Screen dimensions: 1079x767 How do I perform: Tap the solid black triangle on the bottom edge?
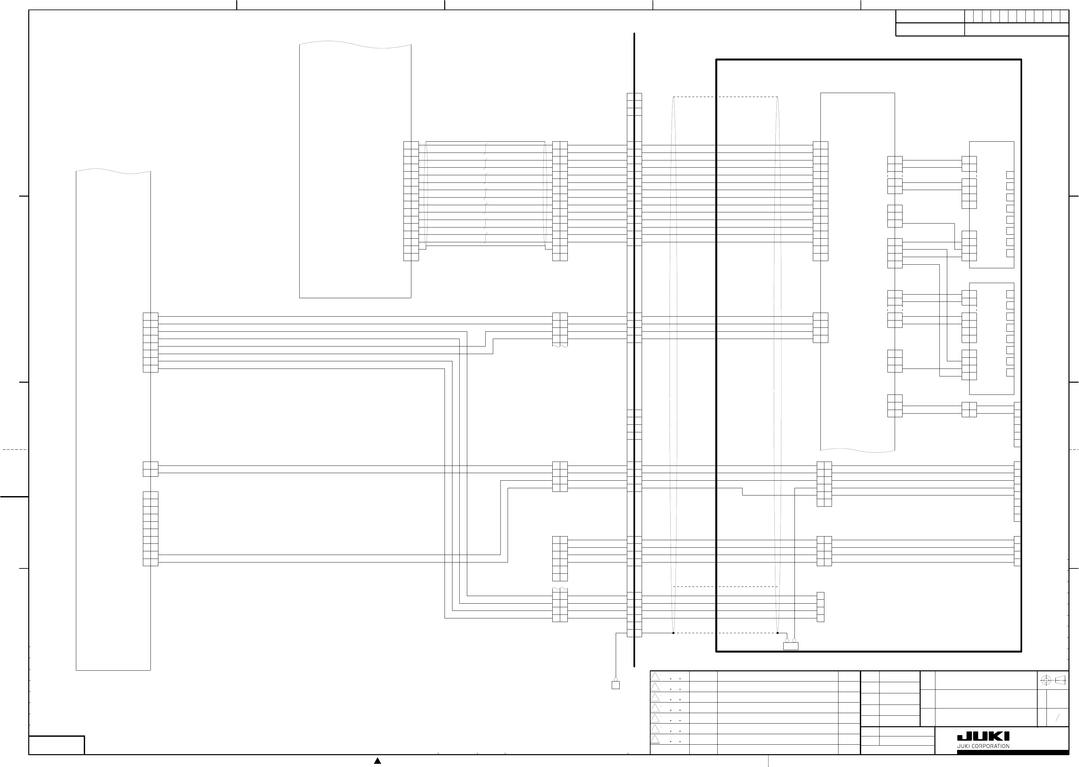[x=378, y=761]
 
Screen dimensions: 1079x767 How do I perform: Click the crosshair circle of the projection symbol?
[x=1046, y=680]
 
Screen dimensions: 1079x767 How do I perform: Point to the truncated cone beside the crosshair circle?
[x=1060, y=680]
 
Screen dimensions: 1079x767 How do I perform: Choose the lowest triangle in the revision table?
[x=655, y=739]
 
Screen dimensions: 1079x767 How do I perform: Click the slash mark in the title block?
[x=1058, y=718]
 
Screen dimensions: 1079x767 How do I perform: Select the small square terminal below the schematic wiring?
[x=615, y=685]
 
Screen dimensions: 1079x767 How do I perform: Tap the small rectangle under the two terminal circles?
[x=791, y=646]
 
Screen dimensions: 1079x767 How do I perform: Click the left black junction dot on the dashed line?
[x=674, y=633]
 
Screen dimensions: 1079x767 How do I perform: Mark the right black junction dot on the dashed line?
[x=777, y=633]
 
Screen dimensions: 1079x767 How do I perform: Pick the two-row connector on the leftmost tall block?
[x=150, y=469]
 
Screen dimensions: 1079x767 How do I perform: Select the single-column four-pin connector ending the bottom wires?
[x=820, y=607]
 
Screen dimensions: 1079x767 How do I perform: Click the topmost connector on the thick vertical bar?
[x=634, y=104]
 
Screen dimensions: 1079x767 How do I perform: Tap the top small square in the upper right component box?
[x=1010, y=175]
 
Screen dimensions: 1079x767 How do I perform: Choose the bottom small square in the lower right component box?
[x=1010, y=372]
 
